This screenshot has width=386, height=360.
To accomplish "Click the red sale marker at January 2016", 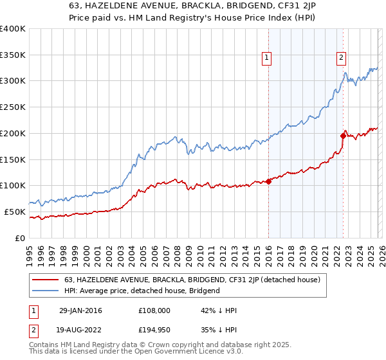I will point(268,181).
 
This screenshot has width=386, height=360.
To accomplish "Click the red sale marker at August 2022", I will point(343,136).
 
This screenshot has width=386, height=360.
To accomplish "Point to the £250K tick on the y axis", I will point(13,107).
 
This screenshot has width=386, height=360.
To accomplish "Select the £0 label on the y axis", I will point(21,238).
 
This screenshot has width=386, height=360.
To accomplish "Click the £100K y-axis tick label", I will point(13,185).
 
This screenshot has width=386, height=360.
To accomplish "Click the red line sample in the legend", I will point(46,279).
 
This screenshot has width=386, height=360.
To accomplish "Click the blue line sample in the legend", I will point(46,291).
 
